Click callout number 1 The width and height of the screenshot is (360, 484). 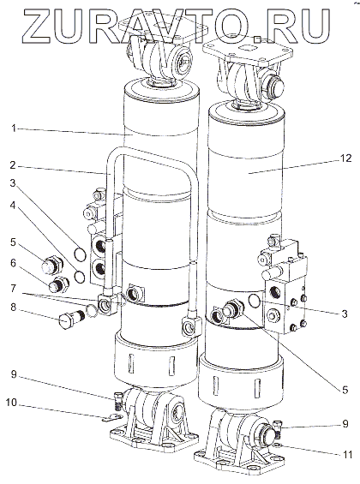(13, 128)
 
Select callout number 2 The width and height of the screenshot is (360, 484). (12, 165)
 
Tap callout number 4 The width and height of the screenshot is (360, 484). (12, 205)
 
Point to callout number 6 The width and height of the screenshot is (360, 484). (12, 263)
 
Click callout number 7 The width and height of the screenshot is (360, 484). (13, 289)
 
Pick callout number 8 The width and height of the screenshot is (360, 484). (13, 308)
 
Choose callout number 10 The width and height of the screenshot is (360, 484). (12, 403)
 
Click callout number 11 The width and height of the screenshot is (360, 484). (347, 454)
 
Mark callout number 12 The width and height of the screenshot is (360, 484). (345, 158)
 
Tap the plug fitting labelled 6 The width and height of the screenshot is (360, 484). (57, 284)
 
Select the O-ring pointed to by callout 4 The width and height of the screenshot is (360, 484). (80, 276)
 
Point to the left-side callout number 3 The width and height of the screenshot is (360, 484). (12, 183)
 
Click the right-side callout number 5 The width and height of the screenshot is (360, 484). (345, 390)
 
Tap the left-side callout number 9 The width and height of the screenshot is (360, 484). (13, 374)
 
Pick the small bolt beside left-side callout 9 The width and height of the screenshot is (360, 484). (117, 399)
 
